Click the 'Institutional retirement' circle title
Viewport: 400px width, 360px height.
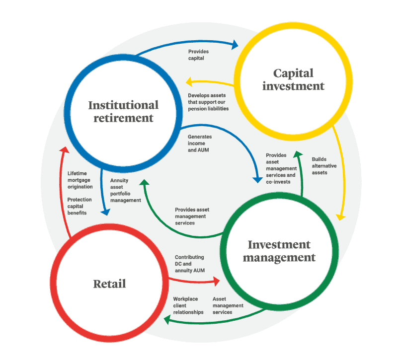[x=123, y=111]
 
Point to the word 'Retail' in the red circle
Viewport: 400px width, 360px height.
[x=109, y=284]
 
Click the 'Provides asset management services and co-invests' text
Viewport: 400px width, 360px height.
[x=281, y=168]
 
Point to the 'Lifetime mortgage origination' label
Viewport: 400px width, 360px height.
[x=80, y=180]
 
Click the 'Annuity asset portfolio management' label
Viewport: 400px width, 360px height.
[x=126, y=190]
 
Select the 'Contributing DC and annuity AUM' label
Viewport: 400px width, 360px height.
[x=189, y=264]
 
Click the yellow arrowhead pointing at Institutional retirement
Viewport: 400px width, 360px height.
[x=189, y=80]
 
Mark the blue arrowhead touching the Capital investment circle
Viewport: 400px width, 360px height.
[x=235, y=45]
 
